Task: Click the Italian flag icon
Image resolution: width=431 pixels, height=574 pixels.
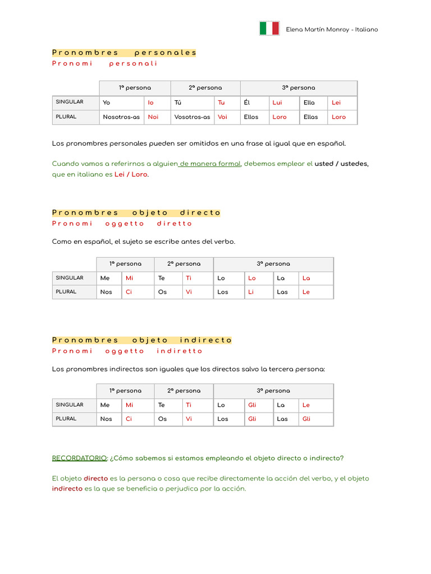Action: (x=269, y=29)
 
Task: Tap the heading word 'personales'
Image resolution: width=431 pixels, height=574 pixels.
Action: (x=166, y=53)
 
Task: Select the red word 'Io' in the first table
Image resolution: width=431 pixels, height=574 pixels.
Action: (x=150, y=103)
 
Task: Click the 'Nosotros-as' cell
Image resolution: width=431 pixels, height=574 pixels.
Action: (x=121, y=117)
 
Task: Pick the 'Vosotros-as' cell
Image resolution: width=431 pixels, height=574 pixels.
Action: (x=192, y=117)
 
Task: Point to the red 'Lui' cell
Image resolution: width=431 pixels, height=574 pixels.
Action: (x=277, y=103)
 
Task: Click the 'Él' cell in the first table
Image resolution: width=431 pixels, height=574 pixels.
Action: (x=247, y=103)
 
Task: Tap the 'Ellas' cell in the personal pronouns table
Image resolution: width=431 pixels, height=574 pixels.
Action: (x=310, y=117)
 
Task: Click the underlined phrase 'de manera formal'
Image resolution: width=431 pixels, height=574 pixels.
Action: (x=210, y=164)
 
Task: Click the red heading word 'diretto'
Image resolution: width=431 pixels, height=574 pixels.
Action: (x=175, y=224)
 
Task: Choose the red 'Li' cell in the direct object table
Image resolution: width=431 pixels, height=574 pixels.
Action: (x=251, y=292)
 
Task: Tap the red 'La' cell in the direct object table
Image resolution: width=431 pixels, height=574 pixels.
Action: (x=306, y=278)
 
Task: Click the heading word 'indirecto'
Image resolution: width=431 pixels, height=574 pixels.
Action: (x=206, y=340)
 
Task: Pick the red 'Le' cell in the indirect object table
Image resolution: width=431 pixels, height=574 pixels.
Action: (x=306, y=405)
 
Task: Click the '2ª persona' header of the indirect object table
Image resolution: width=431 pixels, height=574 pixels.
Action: (x=184, y=391)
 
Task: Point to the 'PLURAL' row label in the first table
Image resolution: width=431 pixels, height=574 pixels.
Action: (x=66, y=117)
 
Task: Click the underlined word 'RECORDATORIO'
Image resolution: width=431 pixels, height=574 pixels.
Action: (x=79, y=458)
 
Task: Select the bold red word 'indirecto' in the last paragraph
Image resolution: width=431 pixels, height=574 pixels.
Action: (x=67, y=489)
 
